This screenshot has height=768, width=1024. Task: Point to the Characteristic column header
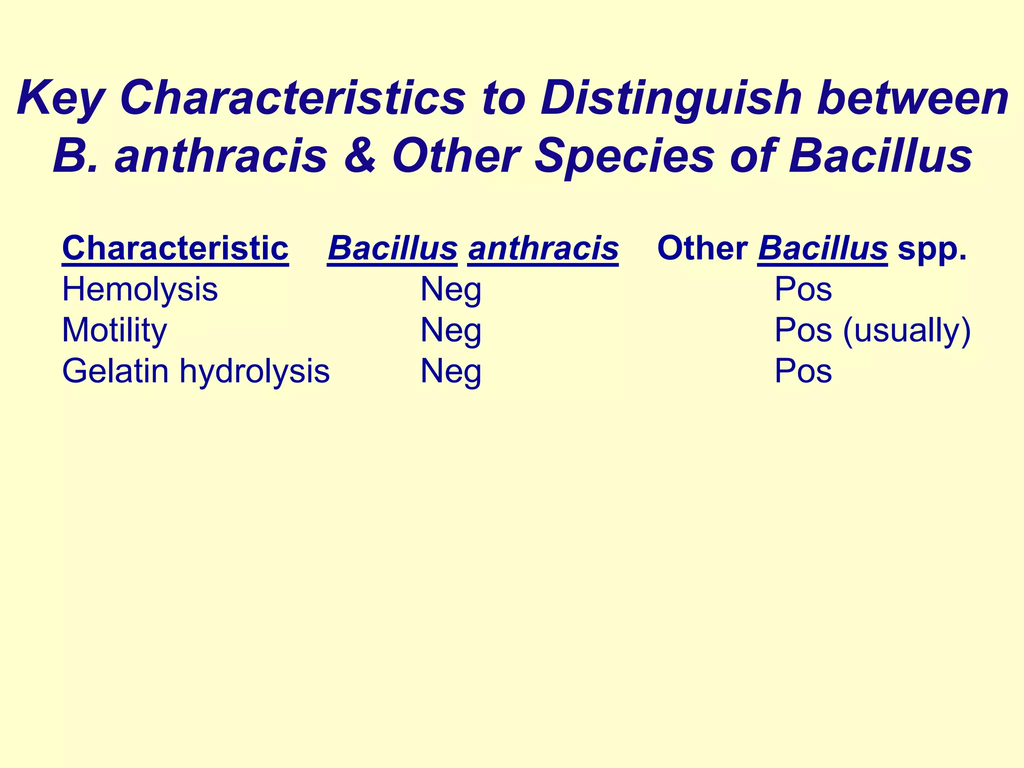(x=175, y=248)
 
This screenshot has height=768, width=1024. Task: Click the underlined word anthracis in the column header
(x=543, y=248)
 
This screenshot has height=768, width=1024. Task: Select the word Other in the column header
(x=702, y=248)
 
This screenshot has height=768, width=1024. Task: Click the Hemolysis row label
(x=139, y=289)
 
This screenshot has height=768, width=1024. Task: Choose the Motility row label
(x=114, y=330)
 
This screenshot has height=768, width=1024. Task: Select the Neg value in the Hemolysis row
(x=450, y=289)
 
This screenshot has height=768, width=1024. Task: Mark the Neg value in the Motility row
(x=450, y=330)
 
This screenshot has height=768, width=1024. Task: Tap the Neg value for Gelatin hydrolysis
(x=450, y=371)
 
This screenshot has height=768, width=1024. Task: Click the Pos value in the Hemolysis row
(x=803, y=289)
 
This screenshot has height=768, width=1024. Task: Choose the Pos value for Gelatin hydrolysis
(x=803, y=371)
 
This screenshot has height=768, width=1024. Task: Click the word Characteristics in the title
(x=292, y=98)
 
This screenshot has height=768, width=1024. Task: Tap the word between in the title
(x=912, y=98)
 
